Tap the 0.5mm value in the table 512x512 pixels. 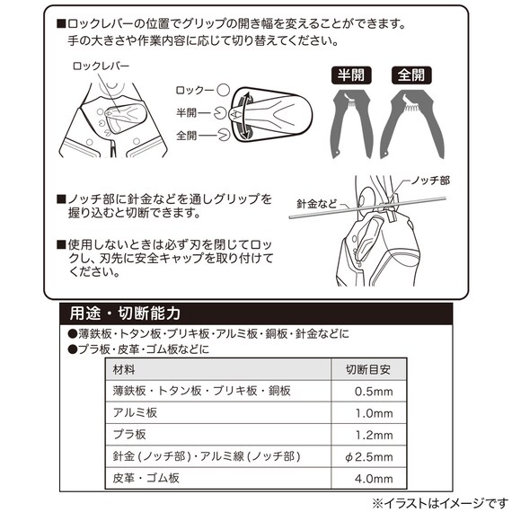369,391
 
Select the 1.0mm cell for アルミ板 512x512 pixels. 369,413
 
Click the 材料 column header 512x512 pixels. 125,368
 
